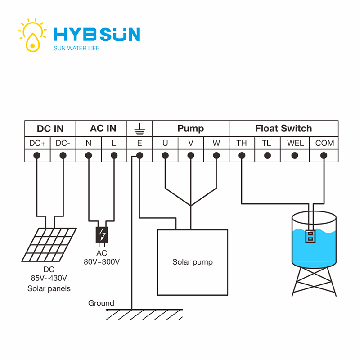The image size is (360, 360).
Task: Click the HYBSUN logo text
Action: click(96, 34)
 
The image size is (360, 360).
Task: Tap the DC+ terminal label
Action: click(37, 143)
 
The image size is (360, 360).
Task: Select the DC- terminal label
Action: click(63, 143)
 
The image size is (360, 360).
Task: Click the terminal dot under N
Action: click(89, 156)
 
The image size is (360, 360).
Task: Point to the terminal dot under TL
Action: click(267, 156)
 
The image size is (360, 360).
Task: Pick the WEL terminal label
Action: click(295, 143)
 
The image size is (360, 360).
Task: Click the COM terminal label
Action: click(324, 143)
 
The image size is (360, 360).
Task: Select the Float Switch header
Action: click(283, 128)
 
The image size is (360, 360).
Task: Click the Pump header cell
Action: click(190, 128)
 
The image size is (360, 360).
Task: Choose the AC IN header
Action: click(103, 128)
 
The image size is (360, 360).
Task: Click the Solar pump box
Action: click(192, 262)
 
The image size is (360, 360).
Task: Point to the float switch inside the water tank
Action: click(309, 236)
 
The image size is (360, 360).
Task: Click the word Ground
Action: click(101, 303)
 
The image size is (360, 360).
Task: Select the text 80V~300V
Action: click(102, 261)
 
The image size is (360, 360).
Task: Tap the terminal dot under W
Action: click(216, 156)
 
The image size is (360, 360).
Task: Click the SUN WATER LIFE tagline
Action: click(76, 48)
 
